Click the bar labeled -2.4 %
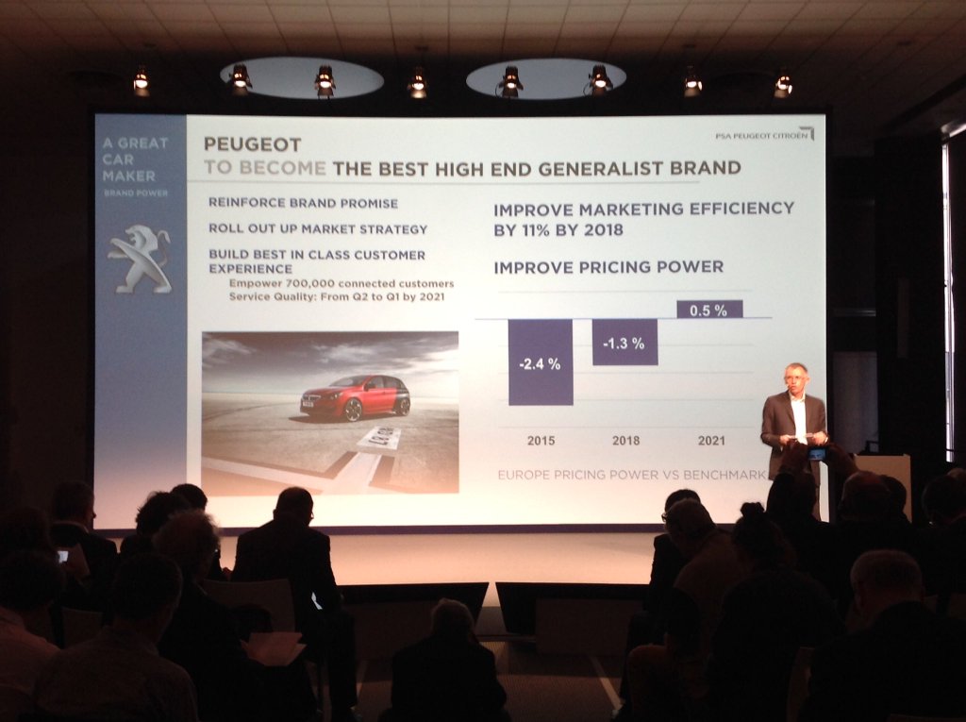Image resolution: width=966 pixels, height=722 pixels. coord(541,361)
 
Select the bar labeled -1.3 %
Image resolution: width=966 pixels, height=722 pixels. coord(625,342)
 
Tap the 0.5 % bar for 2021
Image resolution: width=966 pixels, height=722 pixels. coord(709,310)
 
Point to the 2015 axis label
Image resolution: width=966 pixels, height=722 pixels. coord(541,441)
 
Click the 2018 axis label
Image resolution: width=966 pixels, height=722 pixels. coord(626,441)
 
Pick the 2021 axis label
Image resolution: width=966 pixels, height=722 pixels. coord(711,441)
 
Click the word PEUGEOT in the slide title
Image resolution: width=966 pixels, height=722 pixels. coord(253,144)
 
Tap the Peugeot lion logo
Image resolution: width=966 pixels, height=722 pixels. coord(141,259)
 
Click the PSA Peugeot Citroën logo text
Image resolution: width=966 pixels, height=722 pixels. coord(761,136)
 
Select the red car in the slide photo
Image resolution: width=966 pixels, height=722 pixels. coord(356,397)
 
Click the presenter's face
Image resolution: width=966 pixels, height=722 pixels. coord(796,378)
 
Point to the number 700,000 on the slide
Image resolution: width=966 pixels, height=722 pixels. coord(309,284)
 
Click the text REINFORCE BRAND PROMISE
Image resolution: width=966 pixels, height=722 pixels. coord(303,203)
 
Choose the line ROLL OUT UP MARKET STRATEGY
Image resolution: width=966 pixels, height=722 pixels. coord(318,228)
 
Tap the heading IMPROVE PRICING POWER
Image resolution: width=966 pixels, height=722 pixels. coord(608,267)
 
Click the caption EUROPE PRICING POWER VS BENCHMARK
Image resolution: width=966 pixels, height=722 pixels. coord(631,475)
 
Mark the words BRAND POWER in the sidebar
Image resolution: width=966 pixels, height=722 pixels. coord(136,193)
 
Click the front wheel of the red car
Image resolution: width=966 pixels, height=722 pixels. coord(353,410)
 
